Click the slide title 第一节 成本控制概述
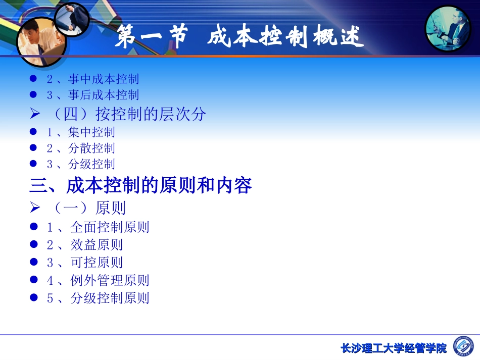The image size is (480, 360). point(239,38)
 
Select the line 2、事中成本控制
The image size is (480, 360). point(92,79)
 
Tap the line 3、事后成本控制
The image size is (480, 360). point(92,95)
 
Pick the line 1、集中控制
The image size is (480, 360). point(81,132)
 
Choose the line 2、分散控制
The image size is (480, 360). point(81,148)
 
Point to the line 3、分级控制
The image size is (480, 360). point(81,164)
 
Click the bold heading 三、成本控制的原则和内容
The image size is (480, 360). point(140,186)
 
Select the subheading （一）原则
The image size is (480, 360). point(88,208)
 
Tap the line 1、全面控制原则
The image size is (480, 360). point(98,227)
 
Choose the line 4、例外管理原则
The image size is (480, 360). point(98,280)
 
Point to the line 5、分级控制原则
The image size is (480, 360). point(98,298)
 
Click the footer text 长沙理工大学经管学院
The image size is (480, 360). point(394,348)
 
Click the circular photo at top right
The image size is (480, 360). point(448,29)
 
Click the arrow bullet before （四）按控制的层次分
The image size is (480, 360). point(34,115)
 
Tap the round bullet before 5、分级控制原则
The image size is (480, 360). point(34,298)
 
